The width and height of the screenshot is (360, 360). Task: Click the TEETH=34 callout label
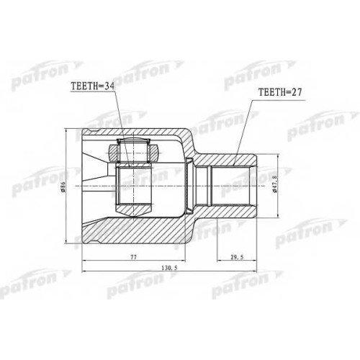pos(93,86)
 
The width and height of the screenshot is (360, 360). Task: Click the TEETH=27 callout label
pos(279,92)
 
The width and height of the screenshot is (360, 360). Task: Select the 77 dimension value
pos(133,257)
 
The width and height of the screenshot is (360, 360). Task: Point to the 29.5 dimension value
pos(237,257)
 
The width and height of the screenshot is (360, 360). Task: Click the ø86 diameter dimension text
pos(63,186)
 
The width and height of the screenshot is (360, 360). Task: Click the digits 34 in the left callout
pos(109,86)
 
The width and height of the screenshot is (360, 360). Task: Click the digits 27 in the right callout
pos(296,92)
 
